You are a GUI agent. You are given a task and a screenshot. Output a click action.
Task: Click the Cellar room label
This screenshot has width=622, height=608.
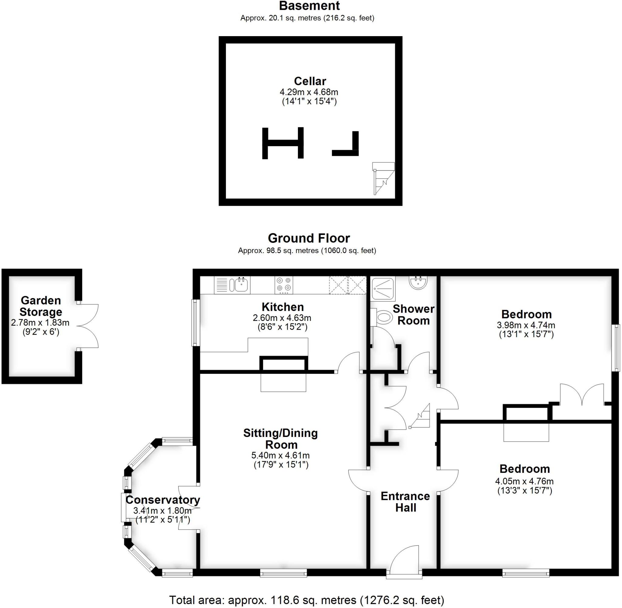point(309,81)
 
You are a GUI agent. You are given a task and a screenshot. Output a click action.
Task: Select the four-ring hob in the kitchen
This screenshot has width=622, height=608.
point(284,284)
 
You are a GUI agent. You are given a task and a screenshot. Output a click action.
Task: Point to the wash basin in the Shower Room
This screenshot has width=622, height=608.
point(418,283)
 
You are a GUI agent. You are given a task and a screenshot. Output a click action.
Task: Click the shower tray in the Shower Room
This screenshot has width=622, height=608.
point(383,288)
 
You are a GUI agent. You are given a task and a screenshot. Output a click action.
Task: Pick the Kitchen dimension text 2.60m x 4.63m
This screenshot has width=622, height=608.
point(282,318)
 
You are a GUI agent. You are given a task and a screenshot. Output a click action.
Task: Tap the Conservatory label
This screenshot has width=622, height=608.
point(163,500)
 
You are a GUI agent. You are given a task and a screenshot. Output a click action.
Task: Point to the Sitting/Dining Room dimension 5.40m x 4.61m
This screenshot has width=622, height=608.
point(281,455)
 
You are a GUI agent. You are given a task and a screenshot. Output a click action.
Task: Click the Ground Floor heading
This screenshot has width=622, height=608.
point(309,238)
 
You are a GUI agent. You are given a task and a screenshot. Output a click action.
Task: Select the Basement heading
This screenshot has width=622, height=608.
point(309,6)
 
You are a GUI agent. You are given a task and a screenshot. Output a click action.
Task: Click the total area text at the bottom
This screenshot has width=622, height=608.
point(306,600)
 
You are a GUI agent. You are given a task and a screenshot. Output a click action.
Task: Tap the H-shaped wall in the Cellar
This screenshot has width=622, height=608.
point(282,143)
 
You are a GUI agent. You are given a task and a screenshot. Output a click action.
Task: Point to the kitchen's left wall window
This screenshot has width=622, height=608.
point(195,322)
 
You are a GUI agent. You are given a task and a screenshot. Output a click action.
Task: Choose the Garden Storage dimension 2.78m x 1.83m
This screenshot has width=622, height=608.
point(40,322)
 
